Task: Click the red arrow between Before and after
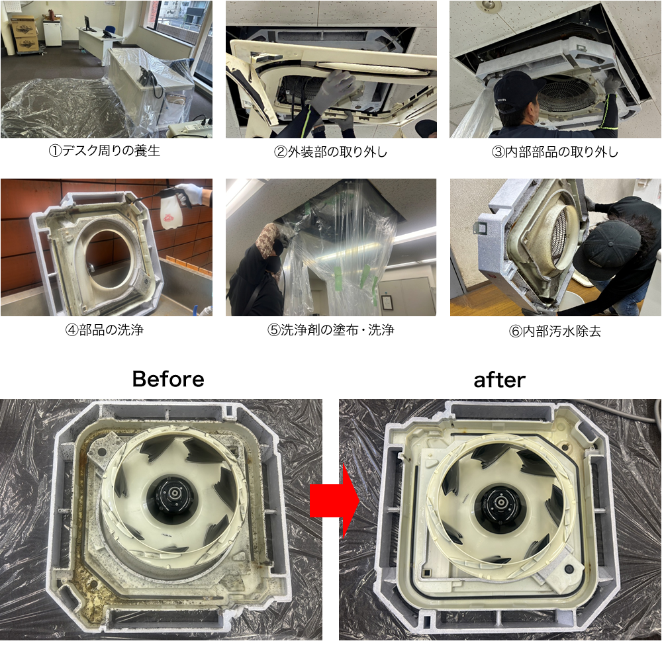(334, 500)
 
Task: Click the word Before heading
(168, 379)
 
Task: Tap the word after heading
(499, 380)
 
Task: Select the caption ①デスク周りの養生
(105, 151)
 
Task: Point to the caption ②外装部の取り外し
(330, 152)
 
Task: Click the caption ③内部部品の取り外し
(555, 152)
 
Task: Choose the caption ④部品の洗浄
(105, 330)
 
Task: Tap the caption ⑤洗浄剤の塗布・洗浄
(330, 330)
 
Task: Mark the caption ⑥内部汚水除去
(555, 331)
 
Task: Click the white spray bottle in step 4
(172, 211)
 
